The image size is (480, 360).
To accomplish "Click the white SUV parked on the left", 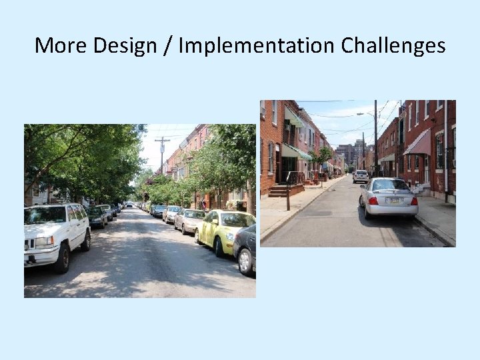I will click(x=56, y=233).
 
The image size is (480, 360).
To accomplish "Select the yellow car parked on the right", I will click(x=224, y=231).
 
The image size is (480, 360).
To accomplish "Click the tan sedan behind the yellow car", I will click(x=190, y=221).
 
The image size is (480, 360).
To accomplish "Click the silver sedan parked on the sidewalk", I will click(x=388, y=197).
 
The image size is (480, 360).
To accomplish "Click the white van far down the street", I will click(x=360, y=176).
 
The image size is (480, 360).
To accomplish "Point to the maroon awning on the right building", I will click(x=419, y=143).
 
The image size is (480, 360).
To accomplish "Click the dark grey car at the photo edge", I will click(x=245, y=248).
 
